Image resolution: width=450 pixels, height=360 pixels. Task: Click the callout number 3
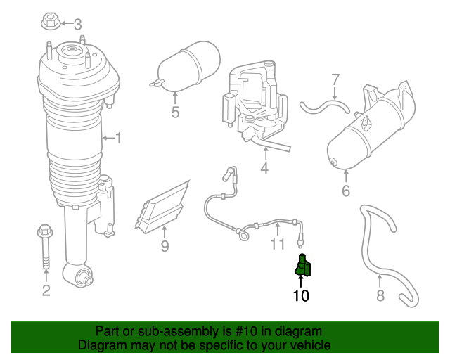[x=77, y=24]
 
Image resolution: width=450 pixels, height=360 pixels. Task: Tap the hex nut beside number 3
[x=51, y=20]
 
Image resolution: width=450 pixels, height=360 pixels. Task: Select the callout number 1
[x=118, y=138]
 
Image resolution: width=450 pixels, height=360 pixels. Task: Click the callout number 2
[x=46, y=290]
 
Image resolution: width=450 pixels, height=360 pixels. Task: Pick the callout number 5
[x=175, y=112]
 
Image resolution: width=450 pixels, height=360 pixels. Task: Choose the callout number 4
[x=264, y=169]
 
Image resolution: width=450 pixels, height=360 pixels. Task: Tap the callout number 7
[x=335, y=79]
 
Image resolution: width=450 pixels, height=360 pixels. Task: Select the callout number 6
[x=345, y=191]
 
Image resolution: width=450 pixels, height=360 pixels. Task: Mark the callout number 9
[x=165, y=246]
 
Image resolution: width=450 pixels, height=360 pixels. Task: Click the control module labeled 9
[x=166, y=206]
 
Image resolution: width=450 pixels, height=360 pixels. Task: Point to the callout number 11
[x=278, y=245]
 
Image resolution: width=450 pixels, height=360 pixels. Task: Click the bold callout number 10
[x=301, y=295]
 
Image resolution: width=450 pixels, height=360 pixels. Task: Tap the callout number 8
[x=380, y=295]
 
